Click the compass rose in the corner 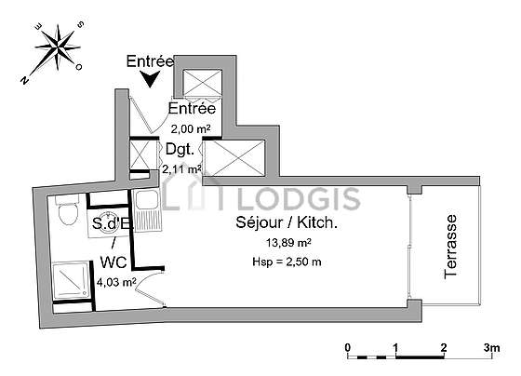pos(59,47)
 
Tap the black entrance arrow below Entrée pos(150,79)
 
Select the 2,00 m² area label pos(191,128)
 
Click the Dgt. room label pos(180,149)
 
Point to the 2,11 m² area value pos(181,169)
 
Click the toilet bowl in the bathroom pos(68,210)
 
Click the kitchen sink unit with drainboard pos(147,210)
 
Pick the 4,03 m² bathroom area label pos(116,283)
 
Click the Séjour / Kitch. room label pos(287,222)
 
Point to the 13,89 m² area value pos(288,243)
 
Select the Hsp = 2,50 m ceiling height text pos(287,262)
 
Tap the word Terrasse pos(450,247)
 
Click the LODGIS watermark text pos(299,199)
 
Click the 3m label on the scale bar pos(491,348)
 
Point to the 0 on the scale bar pos(348,348)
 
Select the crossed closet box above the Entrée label pos(203,83)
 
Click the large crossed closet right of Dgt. pos(234,158)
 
